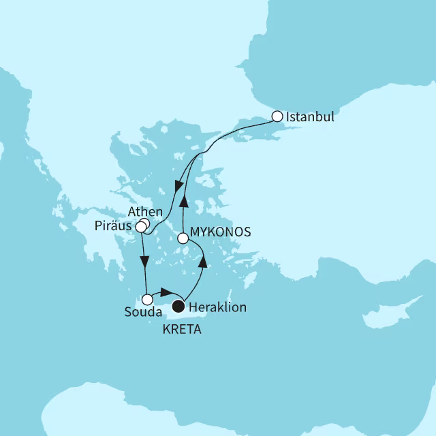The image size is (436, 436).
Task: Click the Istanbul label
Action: point(311,116)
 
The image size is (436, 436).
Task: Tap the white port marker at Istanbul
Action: point(277,116)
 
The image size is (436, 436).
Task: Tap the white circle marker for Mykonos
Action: point(183,238)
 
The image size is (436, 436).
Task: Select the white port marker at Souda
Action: point(146,299)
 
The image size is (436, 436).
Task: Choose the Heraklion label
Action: point(219,308)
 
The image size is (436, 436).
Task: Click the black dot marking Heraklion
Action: point(178,305)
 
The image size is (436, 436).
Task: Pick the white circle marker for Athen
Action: point(144,221)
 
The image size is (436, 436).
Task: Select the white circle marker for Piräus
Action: point(140,226)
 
